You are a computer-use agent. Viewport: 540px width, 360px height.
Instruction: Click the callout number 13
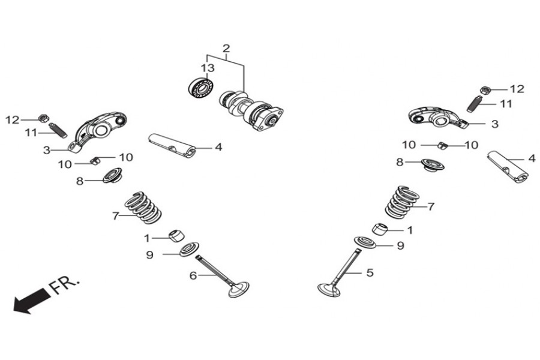[208, 68]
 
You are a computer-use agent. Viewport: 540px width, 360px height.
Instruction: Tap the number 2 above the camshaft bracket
[226, 49]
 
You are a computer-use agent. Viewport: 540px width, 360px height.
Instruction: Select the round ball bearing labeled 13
[200, 88]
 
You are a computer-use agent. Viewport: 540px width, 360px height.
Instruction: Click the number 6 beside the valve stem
[193, 275]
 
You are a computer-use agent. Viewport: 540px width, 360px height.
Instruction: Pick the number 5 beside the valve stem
[370, 272]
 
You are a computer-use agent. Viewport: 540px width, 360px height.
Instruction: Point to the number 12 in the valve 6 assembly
[13, 120]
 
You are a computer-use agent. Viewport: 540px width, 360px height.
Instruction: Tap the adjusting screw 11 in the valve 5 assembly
[475, 103]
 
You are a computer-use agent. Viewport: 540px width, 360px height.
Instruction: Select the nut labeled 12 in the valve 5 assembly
[487, 90]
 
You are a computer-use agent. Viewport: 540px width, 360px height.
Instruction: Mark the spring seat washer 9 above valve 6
[189, 247]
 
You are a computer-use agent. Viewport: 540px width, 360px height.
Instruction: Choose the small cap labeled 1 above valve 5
[380, 229]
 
